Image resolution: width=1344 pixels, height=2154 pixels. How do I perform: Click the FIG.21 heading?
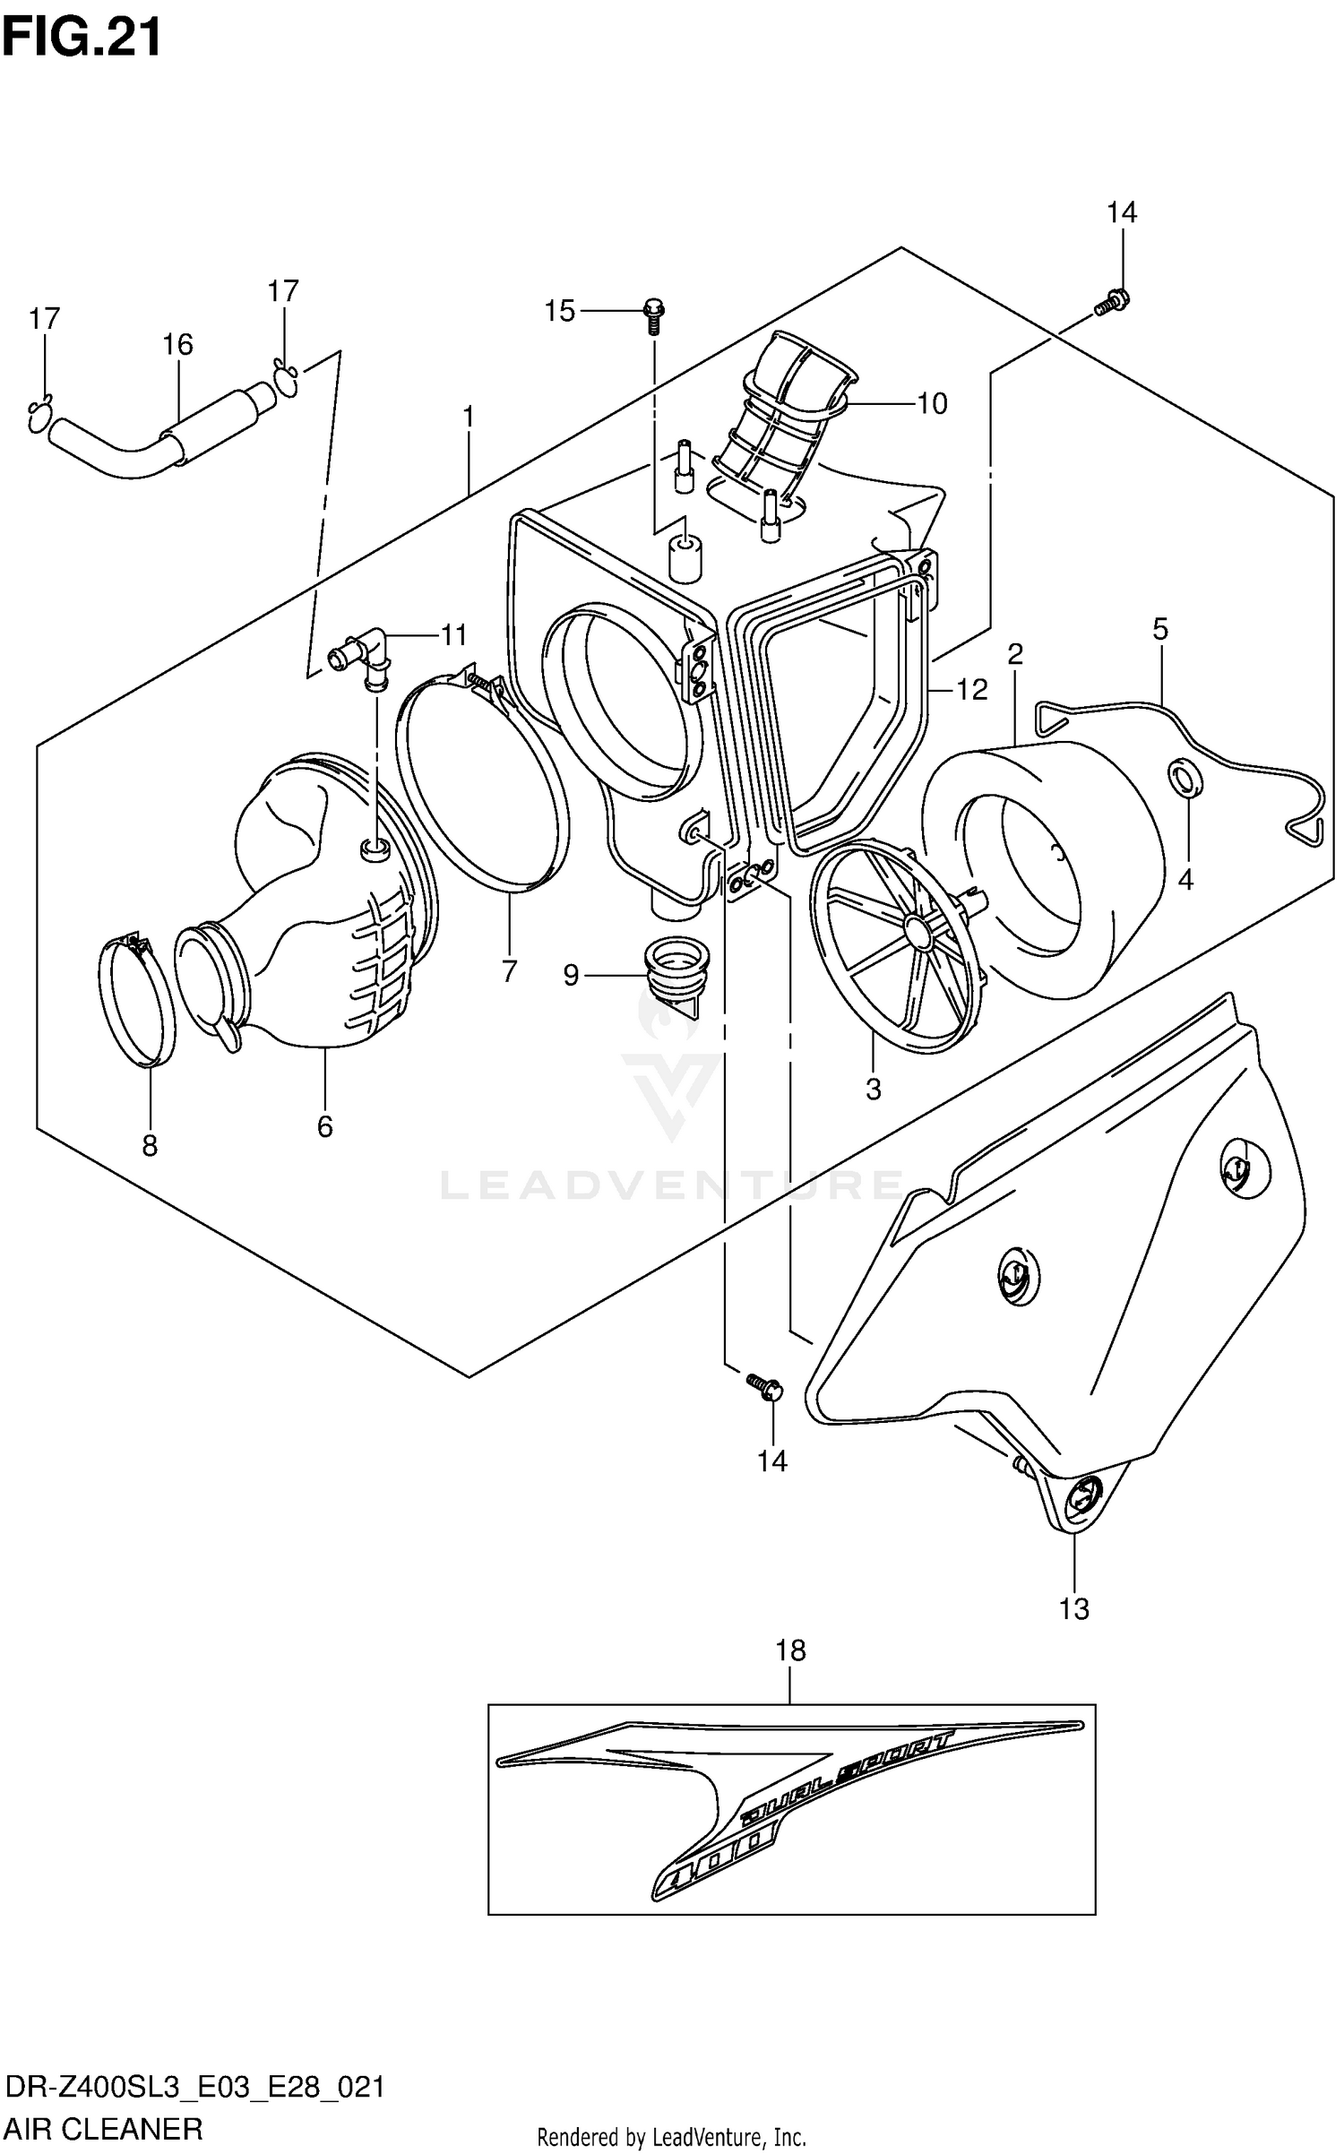point(82,38)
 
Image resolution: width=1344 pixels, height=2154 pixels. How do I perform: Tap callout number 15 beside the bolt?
point(560,311)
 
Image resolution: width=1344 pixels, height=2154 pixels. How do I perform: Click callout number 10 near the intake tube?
point(932,404)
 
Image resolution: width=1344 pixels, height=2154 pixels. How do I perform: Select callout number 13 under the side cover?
point(1073,1608)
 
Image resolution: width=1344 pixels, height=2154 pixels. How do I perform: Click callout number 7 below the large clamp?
point(509,970)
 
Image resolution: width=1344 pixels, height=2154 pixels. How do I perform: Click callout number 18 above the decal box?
point(790,1650)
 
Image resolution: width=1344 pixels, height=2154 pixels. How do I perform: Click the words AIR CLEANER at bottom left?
point(103,2128)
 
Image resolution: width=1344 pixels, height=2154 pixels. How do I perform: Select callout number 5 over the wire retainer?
point(1159,630)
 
